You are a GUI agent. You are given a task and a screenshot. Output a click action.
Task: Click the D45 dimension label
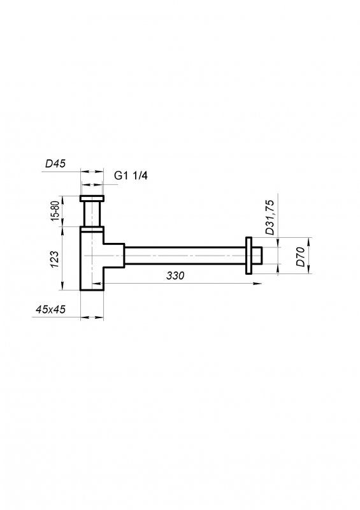pos(56,164)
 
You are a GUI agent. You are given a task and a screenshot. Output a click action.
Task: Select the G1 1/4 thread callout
pos(130,175)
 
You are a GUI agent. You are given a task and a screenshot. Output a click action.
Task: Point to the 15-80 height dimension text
pos(55,211)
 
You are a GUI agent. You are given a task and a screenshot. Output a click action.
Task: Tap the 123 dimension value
pos(55,258)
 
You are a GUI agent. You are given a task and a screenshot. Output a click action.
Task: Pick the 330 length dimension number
pos(176,276)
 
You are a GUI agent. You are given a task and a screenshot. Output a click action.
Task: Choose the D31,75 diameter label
pos(270,217)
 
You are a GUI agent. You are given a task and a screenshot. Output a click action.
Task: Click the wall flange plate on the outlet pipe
pos(247,256)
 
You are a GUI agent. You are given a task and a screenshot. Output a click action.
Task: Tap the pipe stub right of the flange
pos(257,256)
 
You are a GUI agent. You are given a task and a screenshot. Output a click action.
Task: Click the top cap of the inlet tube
pos(92,198)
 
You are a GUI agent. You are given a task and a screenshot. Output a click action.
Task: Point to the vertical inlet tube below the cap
pos(92,213)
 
